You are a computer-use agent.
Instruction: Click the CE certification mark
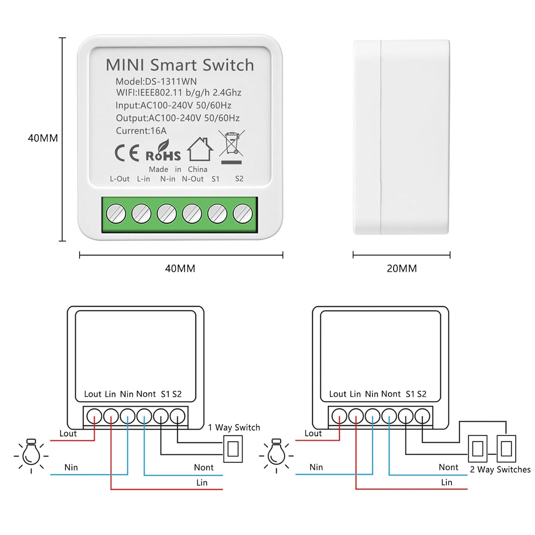(127, 153)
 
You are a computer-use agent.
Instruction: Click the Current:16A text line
(141, 131)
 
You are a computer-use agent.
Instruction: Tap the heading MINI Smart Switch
(180, 65)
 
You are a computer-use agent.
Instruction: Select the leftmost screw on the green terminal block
(116, 214)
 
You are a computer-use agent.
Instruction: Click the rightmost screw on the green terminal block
(243, 214)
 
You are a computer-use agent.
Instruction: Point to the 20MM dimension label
(402, 268)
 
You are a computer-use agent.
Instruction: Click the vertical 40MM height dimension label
(43, 138)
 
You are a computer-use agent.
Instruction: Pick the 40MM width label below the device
(180, 268)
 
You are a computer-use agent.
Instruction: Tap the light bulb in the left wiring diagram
(31, 454)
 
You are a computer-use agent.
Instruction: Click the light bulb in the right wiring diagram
(276, 454)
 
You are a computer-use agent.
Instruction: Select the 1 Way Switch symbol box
(233, 449)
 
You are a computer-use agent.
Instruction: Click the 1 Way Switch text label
(234, 428)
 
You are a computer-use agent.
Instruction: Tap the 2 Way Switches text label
(500, 469)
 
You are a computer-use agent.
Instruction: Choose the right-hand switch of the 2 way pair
(506, 449)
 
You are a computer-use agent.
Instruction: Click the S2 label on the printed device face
(239, 179)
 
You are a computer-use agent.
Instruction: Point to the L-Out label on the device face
(120, 179)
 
